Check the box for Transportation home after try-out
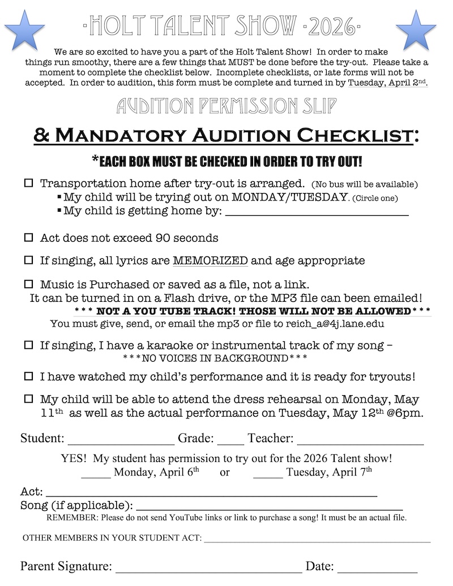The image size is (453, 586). pyautogui.click(x=28, y=184)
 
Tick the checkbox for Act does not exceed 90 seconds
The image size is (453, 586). pyautogui.click(x=28, y=238)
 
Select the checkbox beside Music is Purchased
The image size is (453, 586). pyautogui.click(x=28, y=283)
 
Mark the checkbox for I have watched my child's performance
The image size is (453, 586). pyautogui.click(x=28, y=376)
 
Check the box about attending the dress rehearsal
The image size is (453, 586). pyautogui.click(x=28, y=399)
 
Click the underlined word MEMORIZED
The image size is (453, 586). pyautogui.click(x=210, y=261)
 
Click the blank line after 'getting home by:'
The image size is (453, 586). pyautogui.click(x=317, y=213)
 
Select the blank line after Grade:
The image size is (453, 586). pyautogui.click(x=230, y=442)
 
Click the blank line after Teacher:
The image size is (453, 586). pyautogui.click(x=360, y=442)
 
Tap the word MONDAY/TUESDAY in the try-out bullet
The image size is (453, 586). pyautogui.click(x=290, y=198)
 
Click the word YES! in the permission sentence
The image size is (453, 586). pyautogui.click(x=74, y=459)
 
